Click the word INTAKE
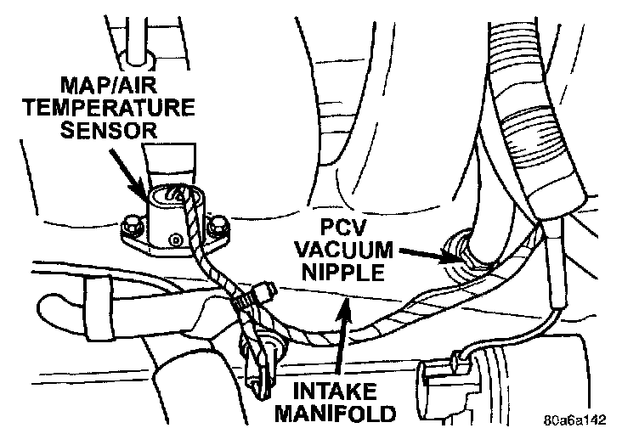tap(341, 393)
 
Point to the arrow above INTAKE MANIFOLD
tap(342, 340)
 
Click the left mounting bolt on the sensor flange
tap(132, 228)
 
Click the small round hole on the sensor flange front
tap(175, 241)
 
